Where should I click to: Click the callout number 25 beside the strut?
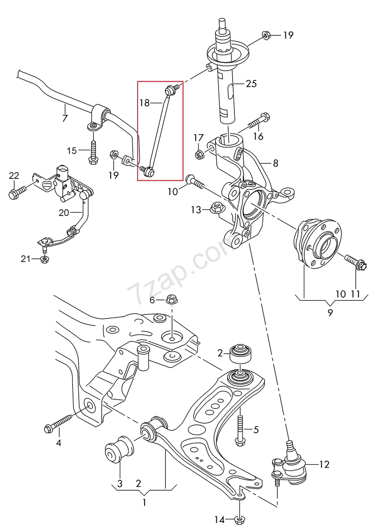coord(251,83)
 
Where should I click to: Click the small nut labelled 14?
coord(239,519)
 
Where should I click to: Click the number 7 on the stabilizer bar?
coord(65,118)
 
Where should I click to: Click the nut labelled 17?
coord(199,154)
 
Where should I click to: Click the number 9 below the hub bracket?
coord(330,313)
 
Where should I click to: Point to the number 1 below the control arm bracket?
coord(143,502)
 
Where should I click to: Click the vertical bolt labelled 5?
coord(240,428)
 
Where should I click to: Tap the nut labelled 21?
coord(44,259)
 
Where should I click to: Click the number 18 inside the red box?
coord(144,103)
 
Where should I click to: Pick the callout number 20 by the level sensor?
coord(64,212)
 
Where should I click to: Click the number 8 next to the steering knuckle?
coord(275,163)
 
